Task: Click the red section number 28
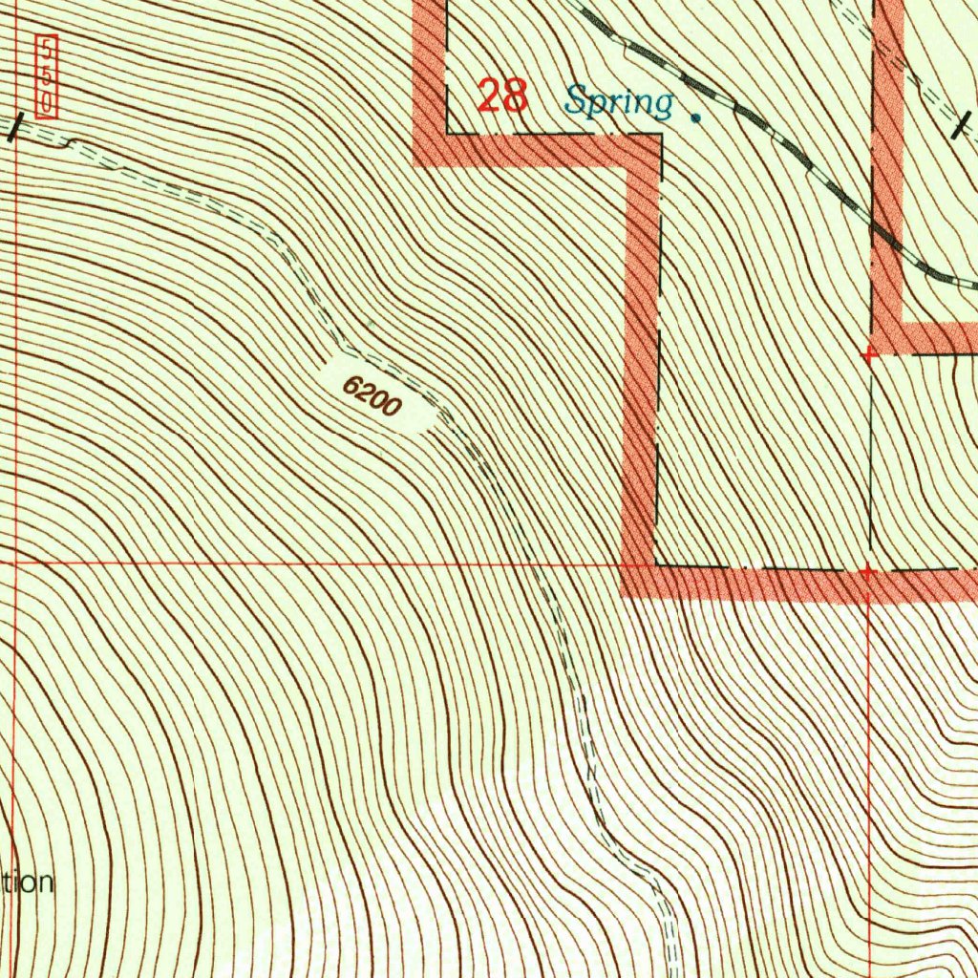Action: coord(501,96)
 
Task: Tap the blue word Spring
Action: coord(619,101)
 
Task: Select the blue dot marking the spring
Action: coord(695,118)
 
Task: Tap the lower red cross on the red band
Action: coord(867,572)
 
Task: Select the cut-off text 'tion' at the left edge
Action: coord(27,882)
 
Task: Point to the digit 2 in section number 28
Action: coord(489,96)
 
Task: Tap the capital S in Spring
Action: coord(577,99)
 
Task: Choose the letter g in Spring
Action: coord(662,105)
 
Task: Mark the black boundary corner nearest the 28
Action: coord(448,133)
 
